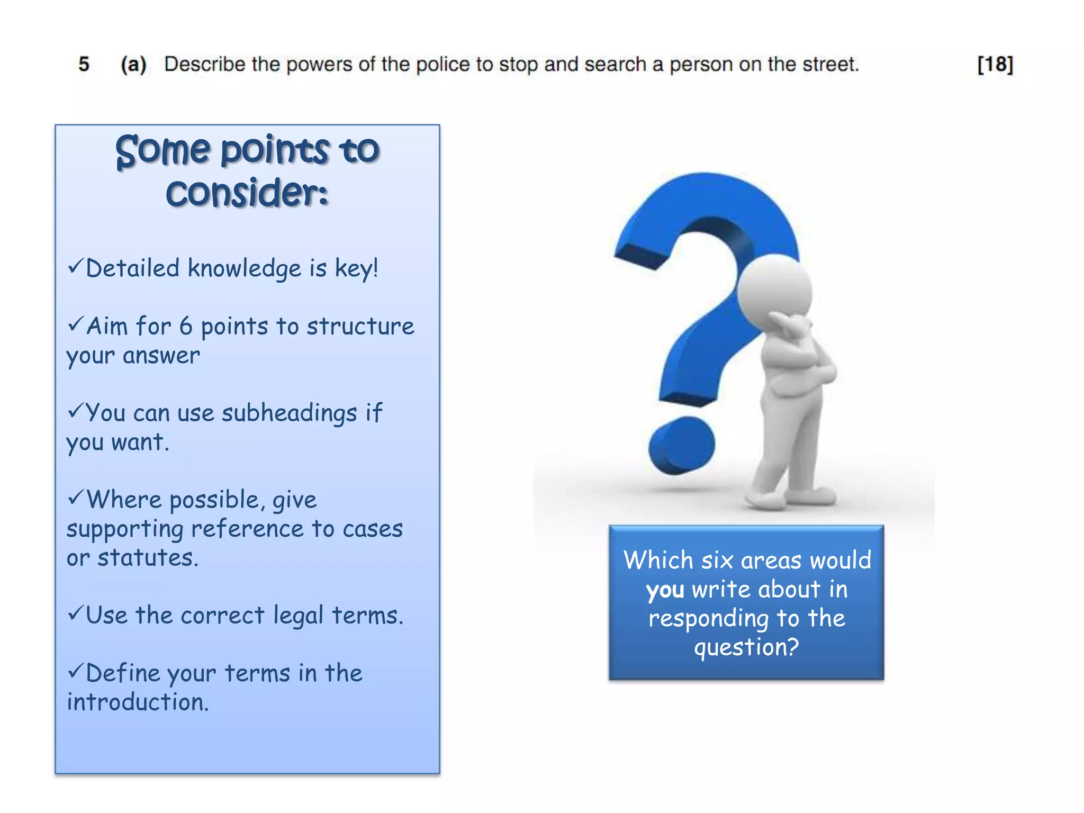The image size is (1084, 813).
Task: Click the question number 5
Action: coord(84,65)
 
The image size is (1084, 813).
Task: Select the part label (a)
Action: coord(133,65)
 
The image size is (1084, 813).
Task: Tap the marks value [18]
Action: coord(995,65)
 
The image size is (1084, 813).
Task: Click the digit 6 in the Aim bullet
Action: coord(186,326)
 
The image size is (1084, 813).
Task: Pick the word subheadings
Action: coord(289,413)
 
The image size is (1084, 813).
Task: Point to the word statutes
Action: coord(148,558)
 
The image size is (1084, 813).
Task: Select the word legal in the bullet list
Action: coord(298,616)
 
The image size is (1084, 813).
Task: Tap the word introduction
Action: coord(138,702)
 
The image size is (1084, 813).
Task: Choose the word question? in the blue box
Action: coord(746,647)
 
